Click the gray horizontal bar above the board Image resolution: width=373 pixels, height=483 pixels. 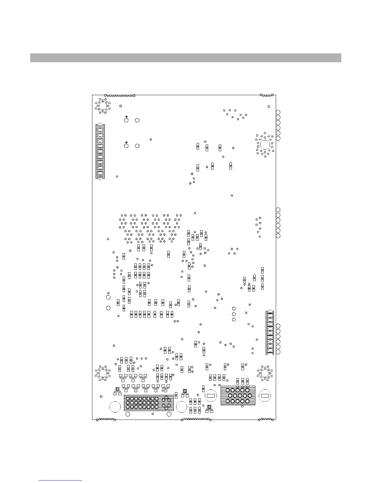pos(185,58)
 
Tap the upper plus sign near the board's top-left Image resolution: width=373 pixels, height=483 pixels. pos(126,117)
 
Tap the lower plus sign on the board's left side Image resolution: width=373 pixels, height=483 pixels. pos(126,142)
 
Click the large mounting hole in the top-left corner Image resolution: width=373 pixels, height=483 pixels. pos(102,106)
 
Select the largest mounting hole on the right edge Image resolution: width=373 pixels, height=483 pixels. pos(265,145)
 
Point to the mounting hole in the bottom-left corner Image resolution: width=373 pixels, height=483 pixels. pos(102,373)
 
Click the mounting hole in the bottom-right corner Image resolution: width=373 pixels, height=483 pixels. pos(265,373)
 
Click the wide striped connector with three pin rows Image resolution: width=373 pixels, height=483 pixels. pos(148,403)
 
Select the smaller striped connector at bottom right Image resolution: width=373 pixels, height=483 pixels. pos(238,395)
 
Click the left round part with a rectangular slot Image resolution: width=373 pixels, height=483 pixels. pos(210,396)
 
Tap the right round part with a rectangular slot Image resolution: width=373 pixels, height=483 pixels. pos(265,396)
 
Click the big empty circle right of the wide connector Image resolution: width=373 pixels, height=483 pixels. pos(182,407)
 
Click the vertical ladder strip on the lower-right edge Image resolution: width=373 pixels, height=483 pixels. pos(270,333)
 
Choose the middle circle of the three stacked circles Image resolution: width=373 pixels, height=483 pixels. pos(234,314)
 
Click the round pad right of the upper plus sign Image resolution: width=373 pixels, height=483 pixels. pos(137,120)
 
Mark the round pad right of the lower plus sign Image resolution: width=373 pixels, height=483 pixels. pos(137,146)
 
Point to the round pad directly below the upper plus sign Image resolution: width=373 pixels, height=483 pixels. pos(126,121)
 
